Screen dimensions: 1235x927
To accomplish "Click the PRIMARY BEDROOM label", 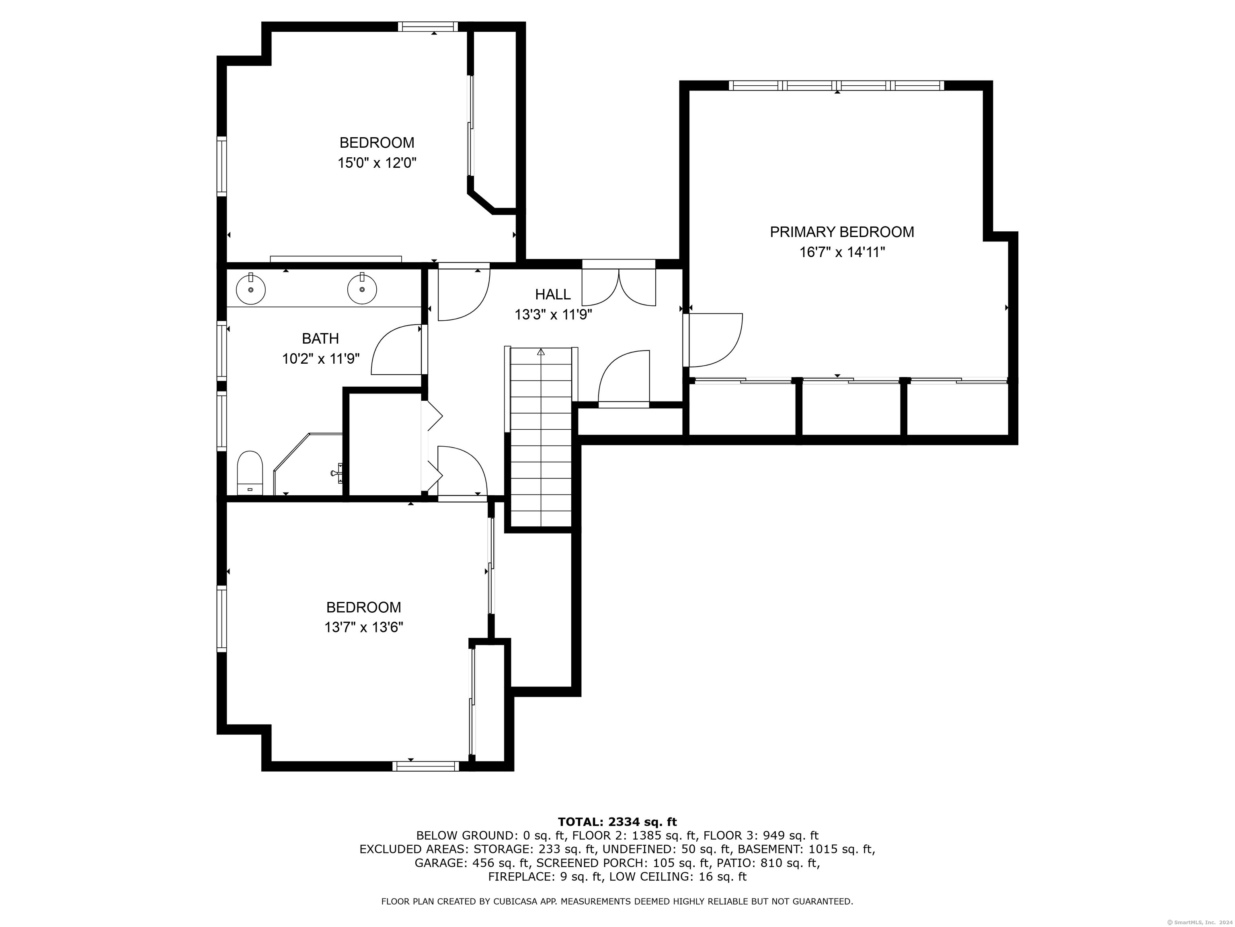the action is pyautogui.click(x=842, y=232).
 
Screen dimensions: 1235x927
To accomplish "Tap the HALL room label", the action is pyautogui.click(x=553, y=295).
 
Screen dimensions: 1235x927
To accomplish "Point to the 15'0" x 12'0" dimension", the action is pyautogui.click(x=377, y=163).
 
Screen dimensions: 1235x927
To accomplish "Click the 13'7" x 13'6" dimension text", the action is pyautogui.click(x=363, y=628).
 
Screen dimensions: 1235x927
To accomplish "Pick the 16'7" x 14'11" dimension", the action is pyautogui.click(x=842, y=253).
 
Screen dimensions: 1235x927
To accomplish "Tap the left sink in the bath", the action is pyautogui.click(x=251, y=289).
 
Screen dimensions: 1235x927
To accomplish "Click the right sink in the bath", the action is pyautogui.click(x=362, y=289).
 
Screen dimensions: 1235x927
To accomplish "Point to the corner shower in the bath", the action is pyautogui.click(x=308, y=464).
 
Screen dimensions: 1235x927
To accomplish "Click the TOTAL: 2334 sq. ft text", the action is pyautogui.click(x=617, y=822).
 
